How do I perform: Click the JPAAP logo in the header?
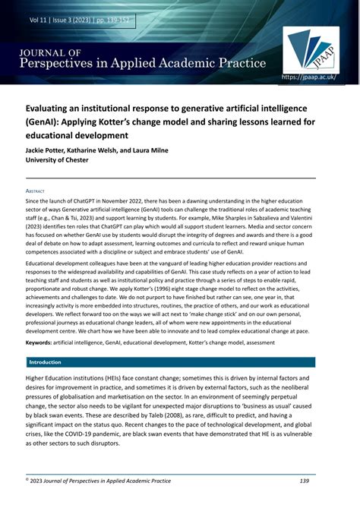point(312,47)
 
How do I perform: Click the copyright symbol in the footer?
point(27,480)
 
